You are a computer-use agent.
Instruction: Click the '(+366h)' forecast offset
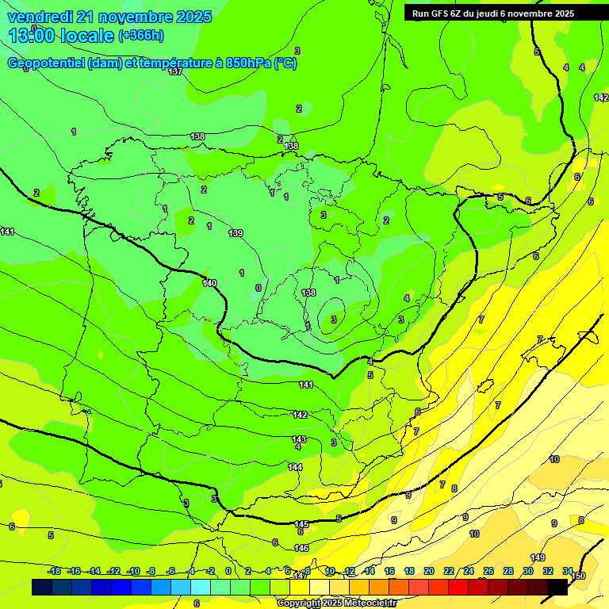point(141,36)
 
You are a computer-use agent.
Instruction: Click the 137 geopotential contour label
point(175,72)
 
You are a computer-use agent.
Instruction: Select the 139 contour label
point(236,233)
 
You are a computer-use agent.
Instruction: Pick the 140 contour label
point(209,283)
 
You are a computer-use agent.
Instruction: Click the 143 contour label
point(299,439)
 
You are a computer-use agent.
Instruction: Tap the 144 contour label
point(295,467)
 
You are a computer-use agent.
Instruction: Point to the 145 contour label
point(301,524)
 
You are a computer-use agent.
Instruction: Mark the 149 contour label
point(538,557)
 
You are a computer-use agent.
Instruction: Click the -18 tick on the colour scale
point(55,571)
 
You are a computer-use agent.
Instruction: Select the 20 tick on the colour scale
point(428,571)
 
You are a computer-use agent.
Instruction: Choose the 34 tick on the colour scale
point(568,571)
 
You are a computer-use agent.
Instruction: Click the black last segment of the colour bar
point(557,587)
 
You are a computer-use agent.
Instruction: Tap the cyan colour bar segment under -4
point(200,587)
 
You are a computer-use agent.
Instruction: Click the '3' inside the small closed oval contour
point(334,320)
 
